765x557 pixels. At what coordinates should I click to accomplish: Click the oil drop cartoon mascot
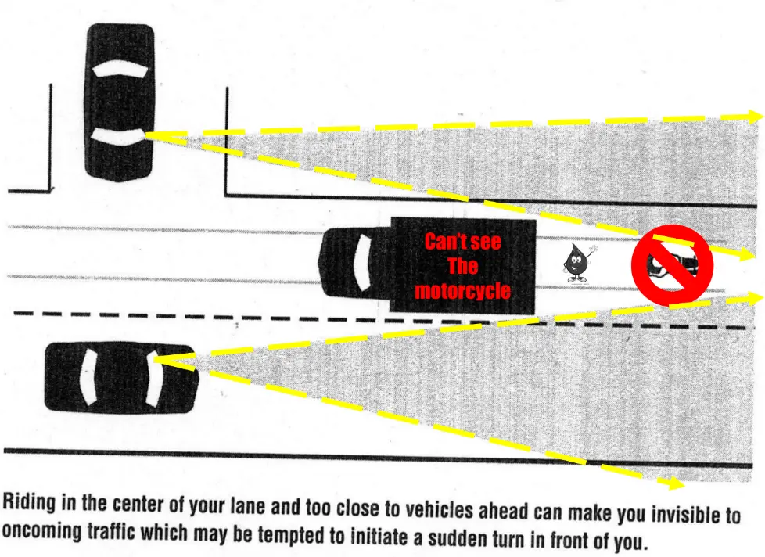tap(579, 263)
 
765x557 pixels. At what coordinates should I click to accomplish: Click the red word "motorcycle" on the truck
tap(462, 291)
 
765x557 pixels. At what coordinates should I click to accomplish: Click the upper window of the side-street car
tap(120, 69)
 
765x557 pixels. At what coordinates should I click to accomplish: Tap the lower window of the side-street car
tap(117, 137)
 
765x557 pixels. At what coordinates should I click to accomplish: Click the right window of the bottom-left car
tap(153, 379)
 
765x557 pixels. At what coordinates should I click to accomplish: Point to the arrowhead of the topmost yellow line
tap(754, 116)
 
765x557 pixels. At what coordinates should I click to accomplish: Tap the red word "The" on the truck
tap(462, 266)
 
